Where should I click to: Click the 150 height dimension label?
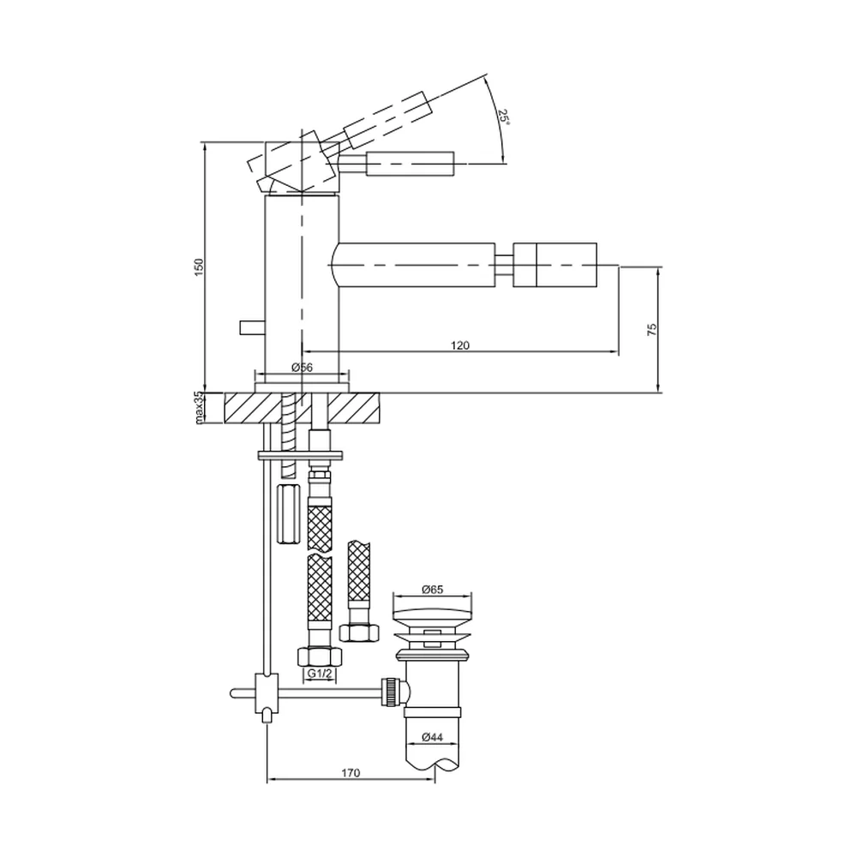[199, 267]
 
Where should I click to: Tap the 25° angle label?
[503, 117]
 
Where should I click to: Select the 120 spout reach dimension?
[460, 345]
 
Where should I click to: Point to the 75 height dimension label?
[651, 330]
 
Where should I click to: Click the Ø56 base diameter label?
[303, 368]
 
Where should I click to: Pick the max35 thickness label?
[199, 407]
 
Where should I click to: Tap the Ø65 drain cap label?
[432, 590]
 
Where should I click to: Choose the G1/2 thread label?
[319, 674]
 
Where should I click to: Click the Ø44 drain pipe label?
[432, 737]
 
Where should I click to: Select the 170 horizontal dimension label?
[351, 773]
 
